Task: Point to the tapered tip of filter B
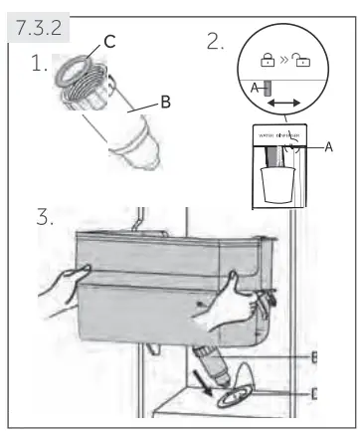143,160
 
